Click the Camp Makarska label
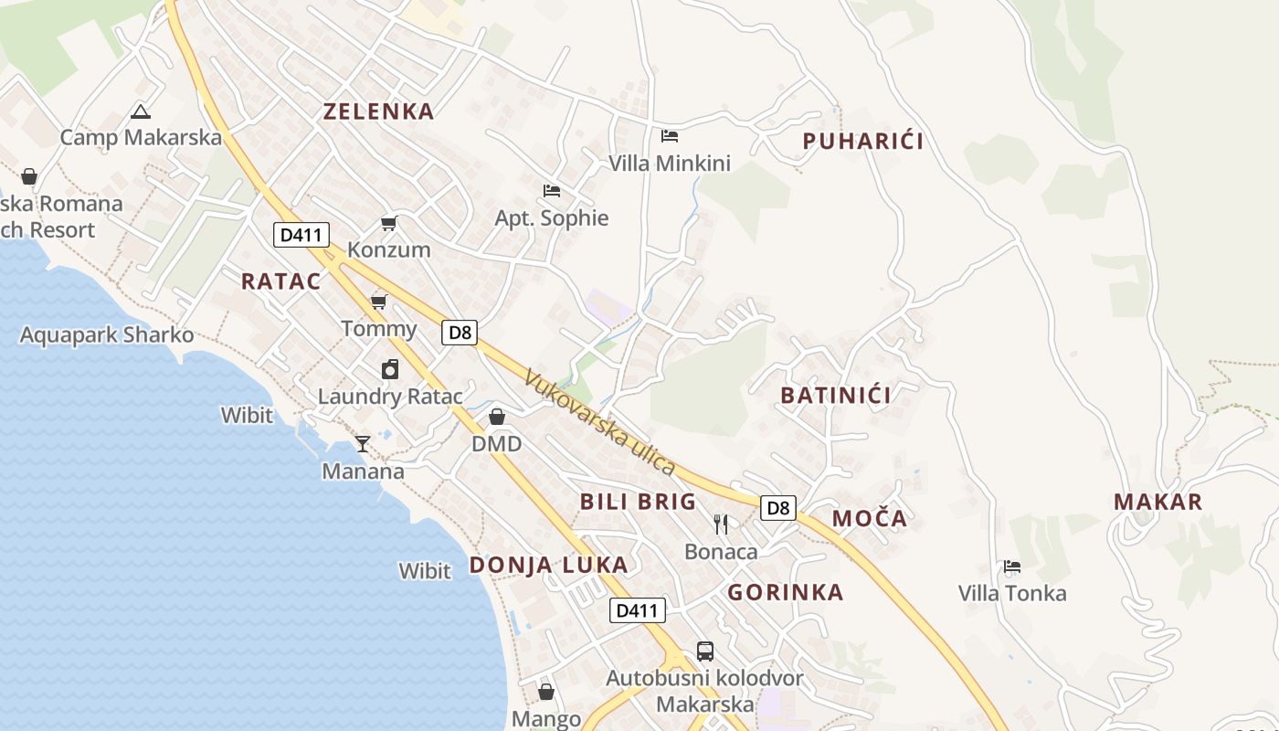coord(141,138)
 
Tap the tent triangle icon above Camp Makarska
coord(140,112)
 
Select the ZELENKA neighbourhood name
coord(378,111)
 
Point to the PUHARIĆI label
coord(862,141)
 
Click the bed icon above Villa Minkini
coord(670,136)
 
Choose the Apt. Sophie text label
coord(551,218)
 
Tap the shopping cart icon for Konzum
coord(389,223)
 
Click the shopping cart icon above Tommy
coord(378,302)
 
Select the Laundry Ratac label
coord(390,397)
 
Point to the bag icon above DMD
coord(497,417)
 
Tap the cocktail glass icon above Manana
coord(363,444)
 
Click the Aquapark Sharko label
coord(107,335)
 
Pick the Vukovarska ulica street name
coord(599,422)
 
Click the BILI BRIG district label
coord(638,502)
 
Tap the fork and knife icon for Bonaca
coord(721,524)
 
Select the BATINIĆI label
coord(835,396)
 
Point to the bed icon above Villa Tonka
coord(1011,567)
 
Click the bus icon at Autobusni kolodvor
coord(705,652)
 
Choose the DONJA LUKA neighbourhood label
coord(548,565)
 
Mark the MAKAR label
coord(1157,502)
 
